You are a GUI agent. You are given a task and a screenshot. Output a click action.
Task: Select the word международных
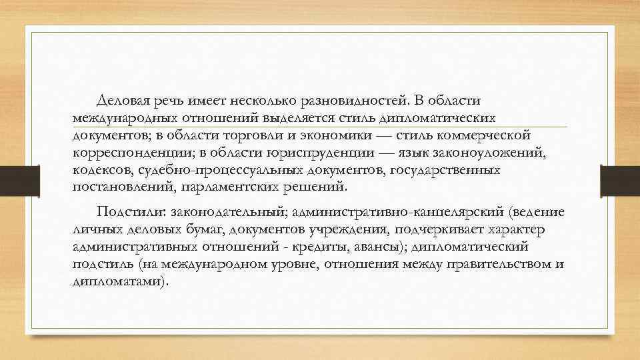coord(126,118)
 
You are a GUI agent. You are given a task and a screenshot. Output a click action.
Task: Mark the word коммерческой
coord(489,135)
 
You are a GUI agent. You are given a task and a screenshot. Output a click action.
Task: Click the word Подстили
coord(130,213)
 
